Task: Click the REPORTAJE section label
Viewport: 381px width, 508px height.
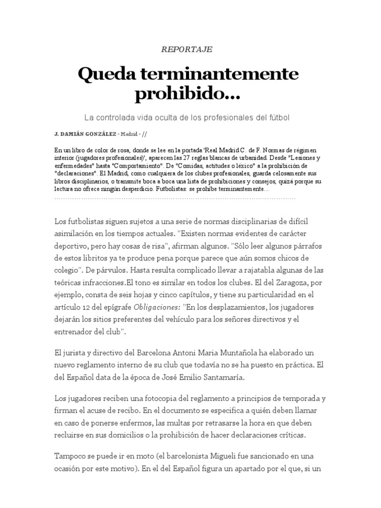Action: tap(187, 49)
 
